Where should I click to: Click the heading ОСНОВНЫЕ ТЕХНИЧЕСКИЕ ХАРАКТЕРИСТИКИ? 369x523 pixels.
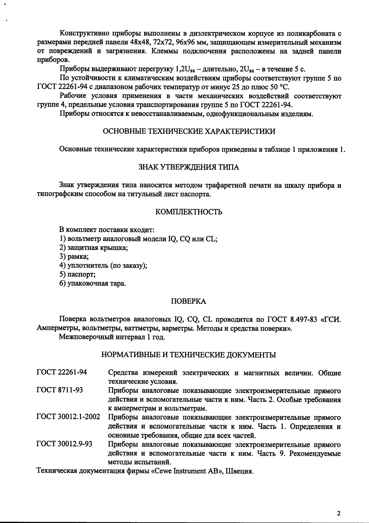pos(189,131)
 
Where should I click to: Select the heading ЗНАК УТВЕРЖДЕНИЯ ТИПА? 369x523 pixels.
pos(189,167)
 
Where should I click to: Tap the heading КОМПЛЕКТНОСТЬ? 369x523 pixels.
pos(189,212)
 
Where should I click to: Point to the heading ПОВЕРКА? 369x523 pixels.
pos(189,301)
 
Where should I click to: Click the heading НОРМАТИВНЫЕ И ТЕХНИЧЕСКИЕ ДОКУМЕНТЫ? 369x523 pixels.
pos(189,355)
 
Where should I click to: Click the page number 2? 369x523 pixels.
pos(339,513)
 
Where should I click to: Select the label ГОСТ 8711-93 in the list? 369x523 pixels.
pos(60,390)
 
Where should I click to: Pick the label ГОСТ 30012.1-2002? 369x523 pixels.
pos(68,417)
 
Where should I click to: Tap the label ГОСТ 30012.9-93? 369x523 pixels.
pos(64,444)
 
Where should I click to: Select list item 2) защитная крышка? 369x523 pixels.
pos(94,248)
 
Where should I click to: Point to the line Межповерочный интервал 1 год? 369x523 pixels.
pos(112,337)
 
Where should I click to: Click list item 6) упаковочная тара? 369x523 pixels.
pos(93,283)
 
